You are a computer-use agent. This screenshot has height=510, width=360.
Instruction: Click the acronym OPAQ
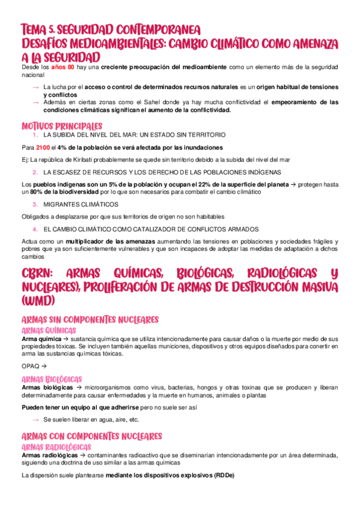30,366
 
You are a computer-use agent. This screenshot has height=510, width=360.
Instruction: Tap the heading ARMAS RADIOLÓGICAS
56,447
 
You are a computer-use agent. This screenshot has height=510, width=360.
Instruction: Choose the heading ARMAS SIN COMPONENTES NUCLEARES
90,319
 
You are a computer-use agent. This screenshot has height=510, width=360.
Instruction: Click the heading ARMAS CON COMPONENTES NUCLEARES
91,435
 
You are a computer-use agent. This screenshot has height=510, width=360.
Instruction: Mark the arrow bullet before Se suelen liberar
35,419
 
